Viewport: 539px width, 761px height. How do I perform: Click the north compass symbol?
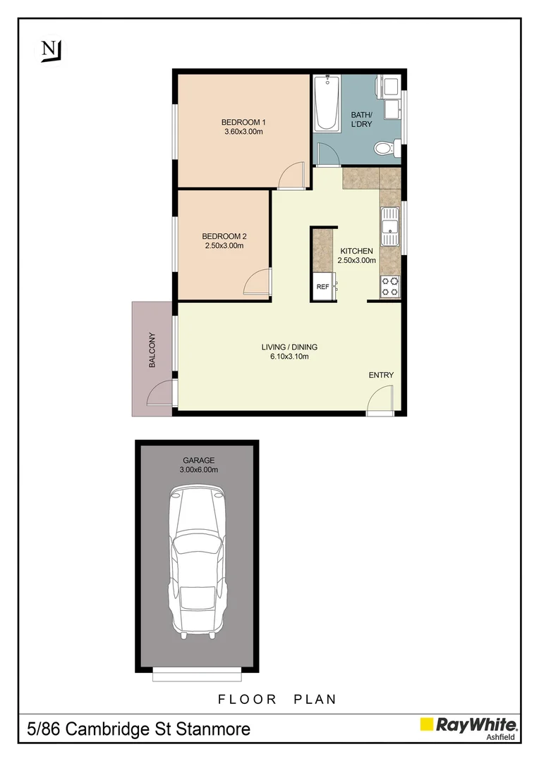[x=51, y=50]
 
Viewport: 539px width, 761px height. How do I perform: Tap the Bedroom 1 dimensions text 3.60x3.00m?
[x=243, y=132]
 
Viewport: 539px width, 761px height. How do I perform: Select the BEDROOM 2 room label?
[x=224, y=236]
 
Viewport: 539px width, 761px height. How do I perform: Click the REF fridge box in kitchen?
[x=323, y=287]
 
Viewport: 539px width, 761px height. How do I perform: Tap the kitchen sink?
[x=390, y=227]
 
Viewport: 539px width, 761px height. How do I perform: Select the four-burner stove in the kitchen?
[x=390, y=286]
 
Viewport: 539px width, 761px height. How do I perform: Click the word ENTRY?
[x=381, y=375]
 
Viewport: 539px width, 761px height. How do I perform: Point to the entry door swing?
[x=380, y=400]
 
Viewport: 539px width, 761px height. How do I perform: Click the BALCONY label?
[x=152, y=350]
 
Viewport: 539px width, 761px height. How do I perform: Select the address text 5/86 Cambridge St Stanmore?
[x=138, y=729]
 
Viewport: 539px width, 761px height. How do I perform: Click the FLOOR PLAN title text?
[x=277, y=699]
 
